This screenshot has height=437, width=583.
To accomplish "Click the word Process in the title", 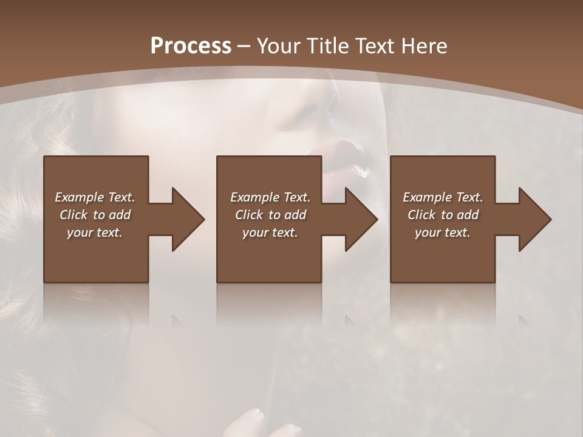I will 191,46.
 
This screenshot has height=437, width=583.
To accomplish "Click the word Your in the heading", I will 279,46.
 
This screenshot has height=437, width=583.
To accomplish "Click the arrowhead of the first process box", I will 188,219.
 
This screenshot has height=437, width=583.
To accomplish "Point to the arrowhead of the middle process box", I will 361,219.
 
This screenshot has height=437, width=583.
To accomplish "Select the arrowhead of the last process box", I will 534,219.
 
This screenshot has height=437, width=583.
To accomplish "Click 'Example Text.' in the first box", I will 95,197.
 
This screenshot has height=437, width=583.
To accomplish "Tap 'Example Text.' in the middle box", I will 270,197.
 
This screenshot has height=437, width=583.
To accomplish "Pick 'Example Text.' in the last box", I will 443,197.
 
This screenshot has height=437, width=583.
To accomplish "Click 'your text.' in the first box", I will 95,232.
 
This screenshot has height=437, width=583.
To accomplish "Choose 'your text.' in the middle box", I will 270,232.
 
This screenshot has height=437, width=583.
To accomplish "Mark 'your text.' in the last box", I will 443,232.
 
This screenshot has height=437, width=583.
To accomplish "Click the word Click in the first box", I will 74,215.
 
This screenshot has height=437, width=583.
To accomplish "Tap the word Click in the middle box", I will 250,215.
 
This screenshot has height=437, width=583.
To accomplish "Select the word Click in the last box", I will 422,215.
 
